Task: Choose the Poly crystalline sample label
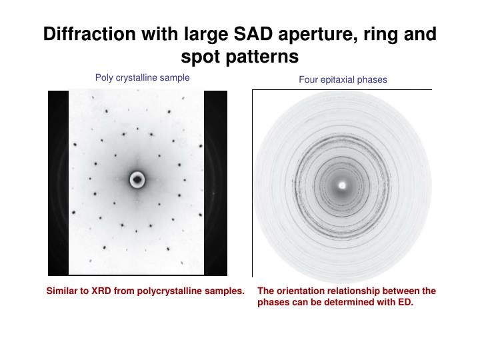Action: [142, 78]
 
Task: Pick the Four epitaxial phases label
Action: [343, 79]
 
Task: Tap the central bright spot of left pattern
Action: [137, 179]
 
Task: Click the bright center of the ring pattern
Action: [342, 185]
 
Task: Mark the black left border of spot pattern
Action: [58, 183]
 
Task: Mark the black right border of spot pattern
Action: [216, 183]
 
